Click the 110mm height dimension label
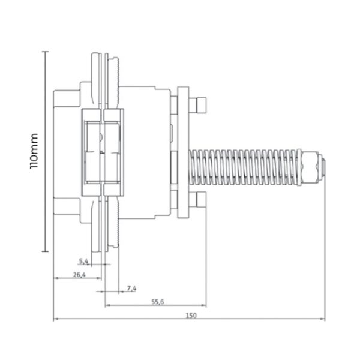34,151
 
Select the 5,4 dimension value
83,261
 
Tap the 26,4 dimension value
79,275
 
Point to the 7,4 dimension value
131,288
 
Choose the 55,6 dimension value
158,302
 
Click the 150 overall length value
191,316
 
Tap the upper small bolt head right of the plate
197,105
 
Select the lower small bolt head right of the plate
197,200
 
